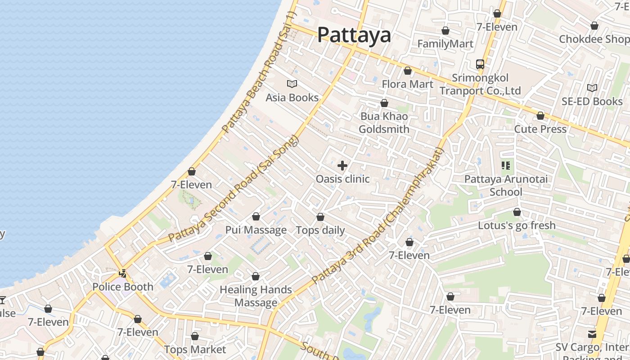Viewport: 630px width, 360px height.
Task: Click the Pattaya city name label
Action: click(x=354, y=35)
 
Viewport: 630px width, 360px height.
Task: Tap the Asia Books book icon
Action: click(x=292, y=84)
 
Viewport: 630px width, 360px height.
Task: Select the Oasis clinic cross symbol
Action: click(x=342, y=166)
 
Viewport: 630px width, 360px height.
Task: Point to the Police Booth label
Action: click(x=122, y=287)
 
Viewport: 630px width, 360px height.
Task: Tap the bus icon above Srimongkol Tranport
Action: click(x=480, y=64)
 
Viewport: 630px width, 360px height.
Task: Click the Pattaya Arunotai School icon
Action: click(x=506, y=166)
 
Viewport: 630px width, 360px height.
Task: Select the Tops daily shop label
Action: click(x=320, y=230)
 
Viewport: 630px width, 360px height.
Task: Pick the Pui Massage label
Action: click(x=256, y=230)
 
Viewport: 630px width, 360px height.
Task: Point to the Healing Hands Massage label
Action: click(x=256, y=296)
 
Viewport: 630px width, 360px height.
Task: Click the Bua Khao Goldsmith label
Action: click(x=384, y=123)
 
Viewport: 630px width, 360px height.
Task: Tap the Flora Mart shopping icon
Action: click(x=408, y=71)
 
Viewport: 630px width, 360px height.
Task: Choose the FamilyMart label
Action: click(x=445, y=44)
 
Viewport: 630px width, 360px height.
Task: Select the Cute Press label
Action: click(x=540, y=129)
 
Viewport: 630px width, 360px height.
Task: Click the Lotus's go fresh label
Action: click(x=517, y=225)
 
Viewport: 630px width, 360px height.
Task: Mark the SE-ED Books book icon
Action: click(x=592, y=88)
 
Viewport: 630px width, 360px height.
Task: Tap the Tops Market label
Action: click(x=195, y=349)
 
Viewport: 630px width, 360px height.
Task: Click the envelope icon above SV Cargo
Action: click(x=592, y=334)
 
